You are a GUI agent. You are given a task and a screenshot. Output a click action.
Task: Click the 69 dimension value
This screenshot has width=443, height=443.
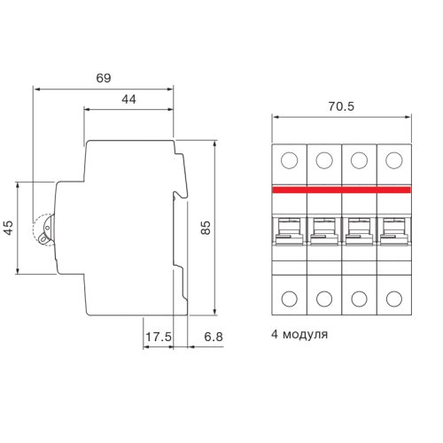point(104,78)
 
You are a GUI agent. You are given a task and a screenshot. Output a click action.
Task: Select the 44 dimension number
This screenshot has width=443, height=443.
point(129,99)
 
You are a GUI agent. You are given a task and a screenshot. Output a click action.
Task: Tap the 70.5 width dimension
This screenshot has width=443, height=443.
point(341,106)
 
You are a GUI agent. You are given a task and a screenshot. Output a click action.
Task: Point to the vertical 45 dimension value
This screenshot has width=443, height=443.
point(9,228)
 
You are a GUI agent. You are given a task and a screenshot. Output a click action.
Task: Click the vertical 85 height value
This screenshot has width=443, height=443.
point(206,228)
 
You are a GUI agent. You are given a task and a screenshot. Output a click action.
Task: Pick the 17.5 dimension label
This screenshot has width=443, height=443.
point(159,337)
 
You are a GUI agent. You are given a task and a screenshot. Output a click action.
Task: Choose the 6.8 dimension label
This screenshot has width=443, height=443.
point(214,337)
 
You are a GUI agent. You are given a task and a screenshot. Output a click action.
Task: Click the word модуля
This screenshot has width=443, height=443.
point(305,335)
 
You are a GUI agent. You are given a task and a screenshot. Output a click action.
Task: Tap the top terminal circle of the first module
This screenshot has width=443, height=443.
point(290,160)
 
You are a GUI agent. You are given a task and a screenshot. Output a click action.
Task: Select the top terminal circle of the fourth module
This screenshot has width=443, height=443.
point(394,160)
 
